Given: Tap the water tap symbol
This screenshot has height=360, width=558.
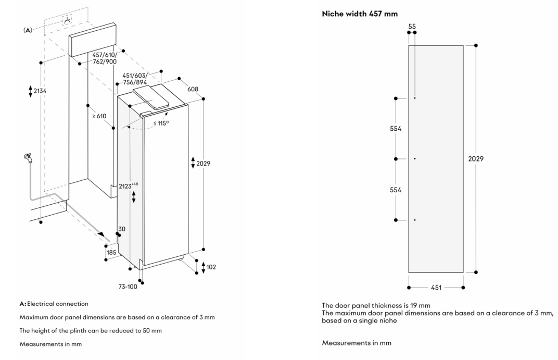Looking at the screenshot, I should tap(27, 158).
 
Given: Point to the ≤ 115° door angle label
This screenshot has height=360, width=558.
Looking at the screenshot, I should tap(161, 123).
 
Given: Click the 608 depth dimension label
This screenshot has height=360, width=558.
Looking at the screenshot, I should tap(193, 89).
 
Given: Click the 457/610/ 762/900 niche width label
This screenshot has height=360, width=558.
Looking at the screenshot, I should tap(104, 58).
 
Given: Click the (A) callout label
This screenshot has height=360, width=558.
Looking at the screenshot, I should tap(28, 31).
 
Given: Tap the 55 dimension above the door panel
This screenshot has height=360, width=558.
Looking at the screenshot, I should tap(412, 25).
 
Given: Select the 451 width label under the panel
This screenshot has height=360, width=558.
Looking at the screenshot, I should tap(436, 287).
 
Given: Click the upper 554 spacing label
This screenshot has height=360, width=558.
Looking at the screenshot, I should tap(396, 129).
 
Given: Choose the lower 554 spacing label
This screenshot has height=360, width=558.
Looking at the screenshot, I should tap(396, 190).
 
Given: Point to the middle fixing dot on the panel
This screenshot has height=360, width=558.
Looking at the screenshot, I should tap(415, 158).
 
